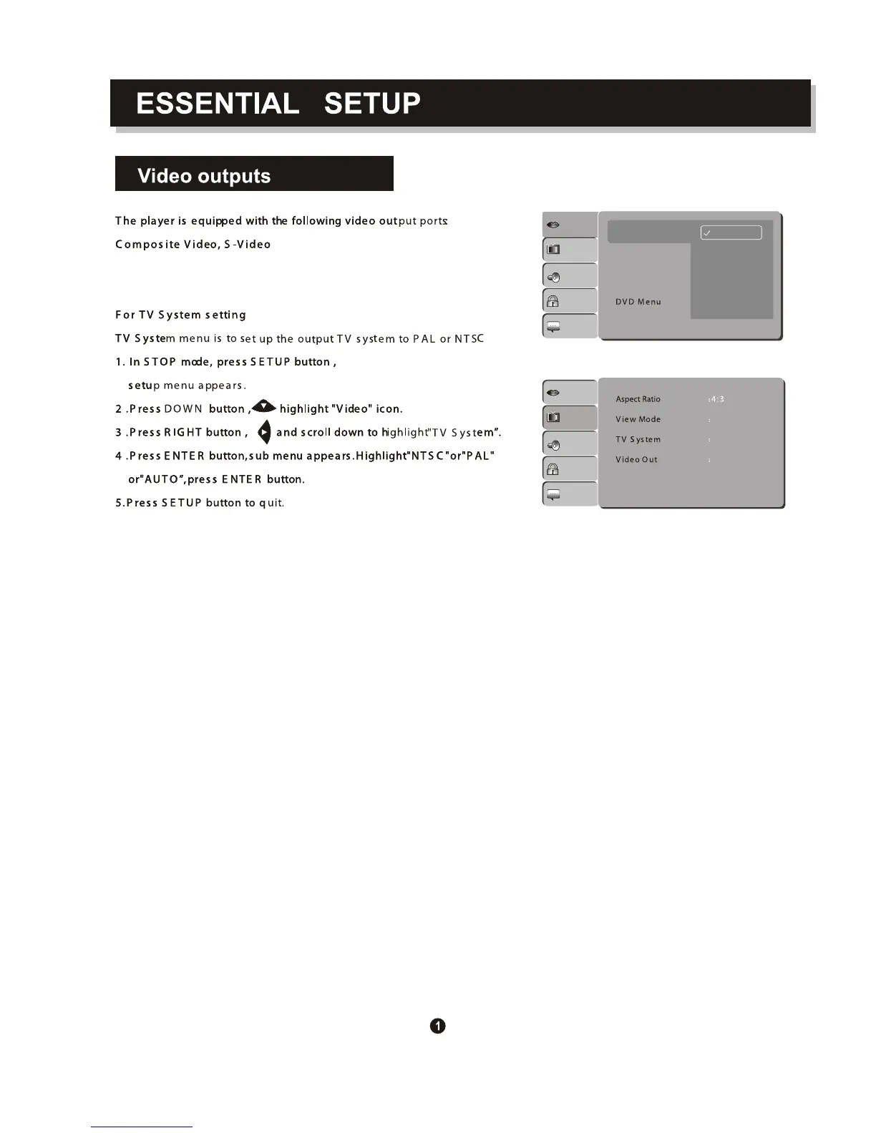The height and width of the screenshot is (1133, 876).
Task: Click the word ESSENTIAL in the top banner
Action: coord(218,104)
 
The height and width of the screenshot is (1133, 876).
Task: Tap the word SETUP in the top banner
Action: coord(372,104)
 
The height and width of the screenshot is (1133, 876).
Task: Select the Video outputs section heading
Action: coord(204,176)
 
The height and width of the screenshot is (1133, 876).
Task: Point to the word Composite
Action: coord(147,245)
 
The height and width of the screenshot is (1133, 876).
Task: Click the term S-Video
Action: coord(248,245)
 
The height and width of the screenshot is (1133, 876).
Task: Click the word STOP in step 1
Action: coord(160,362)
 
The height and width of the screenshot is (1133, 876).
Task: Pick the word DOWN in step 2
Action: coord(183,409)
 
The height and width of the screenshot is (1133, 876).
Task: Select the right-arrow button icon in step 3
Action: coord(264,432)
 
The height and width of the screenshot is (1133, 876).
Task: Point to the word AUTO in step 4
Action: coord(159,479)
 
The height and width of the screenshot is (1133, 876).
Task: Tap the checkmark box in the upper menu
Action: coord(731,232)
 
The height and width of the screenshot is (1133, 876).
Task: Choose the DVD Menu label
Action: coord(638,302)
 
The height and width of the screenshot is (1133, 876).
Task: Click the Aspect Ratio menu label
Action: coord(638,399)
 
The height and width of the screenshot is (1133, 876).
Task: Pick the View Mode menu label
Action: coord(638,419)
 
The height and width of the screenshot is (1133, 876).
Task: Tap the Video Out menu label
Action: coord(636,459)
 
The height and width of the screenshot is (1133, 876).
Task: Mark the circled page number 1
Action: coord(438,1026)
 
